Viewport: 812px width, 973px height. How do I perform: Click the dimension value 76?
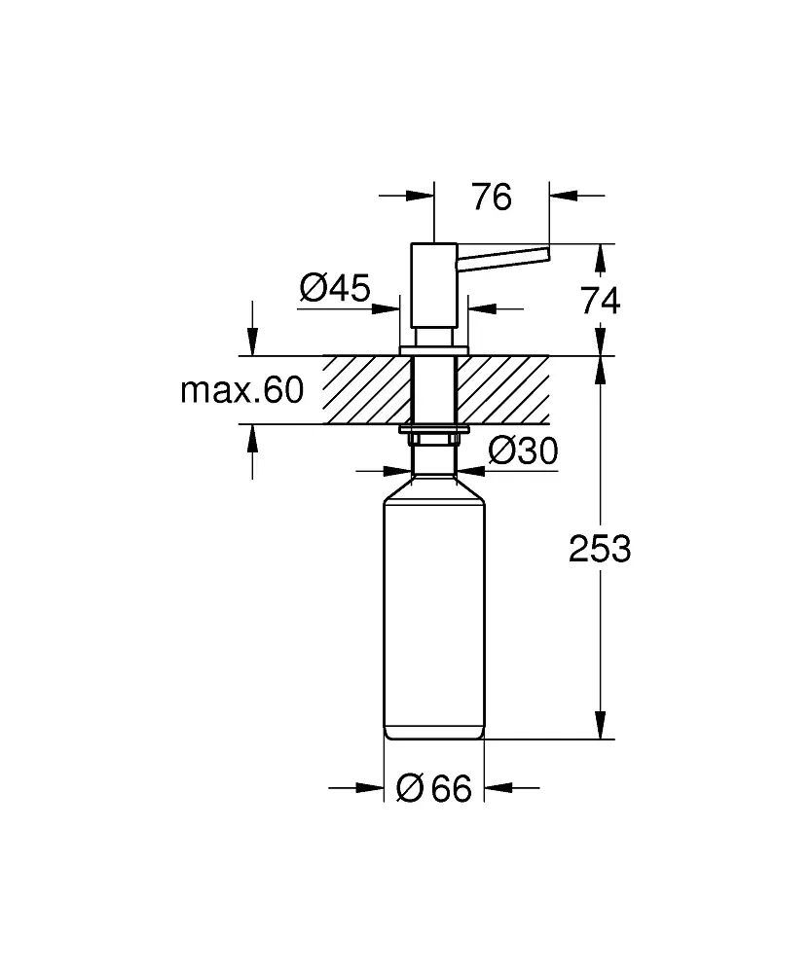(x=492, y=197)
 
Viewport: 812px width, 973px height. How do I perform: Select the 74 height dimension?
(x=600, y=301)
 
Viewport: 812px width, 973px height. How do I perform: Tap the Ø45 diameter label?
(x=335, y=287)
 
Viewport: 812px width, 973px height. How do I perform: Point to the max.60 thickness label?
(x=242, y=390)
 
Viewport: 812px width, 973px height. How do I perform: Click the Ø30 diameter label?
(x=524, y=450)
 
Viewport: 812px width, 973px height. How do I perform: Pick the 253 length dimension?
(x=600, y=549)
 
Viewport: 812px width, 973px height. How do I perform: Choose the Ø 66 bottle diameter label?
(x=434, y=788)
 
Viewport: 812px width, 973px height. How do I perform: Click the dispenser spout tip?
(x=546, y=255)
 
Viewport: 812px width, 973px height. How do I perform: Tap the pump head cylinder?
(x=434, y=285)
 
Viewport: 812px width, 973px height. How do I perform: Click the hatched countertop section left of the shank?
(x=366, y=390)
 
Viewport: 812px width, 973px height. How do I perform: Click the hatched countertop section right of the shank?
(x=502, y=390)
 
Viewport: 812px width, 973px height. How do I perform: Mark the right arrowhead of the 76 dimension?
(x=563, y=196)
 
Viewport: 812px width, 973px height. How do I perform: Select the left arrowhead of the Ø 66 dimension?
(x=370, y=788)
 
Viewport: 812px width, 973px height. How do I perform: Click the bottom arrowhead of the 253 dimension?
(x=600, y=725)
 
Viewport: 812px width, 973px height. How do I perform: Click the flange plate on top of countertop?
(x=434, y=351)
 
